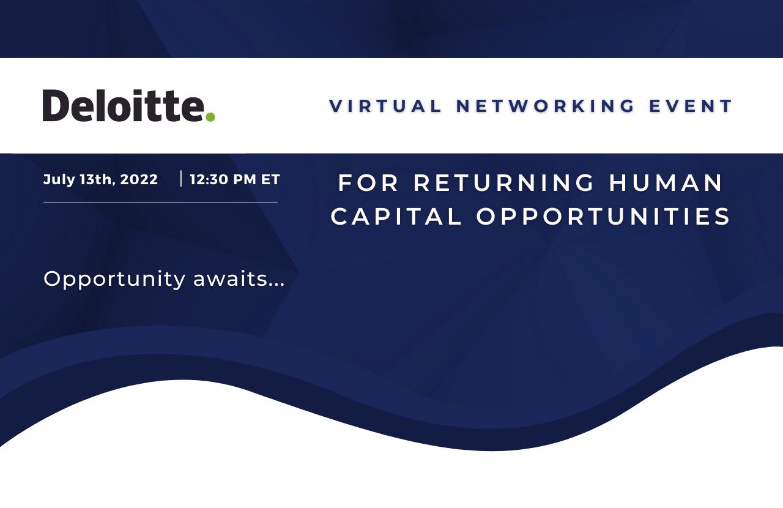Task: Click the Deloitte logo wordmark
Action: click(x=128, y=105)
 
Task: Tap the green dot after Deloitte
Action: click(x=210, y=116)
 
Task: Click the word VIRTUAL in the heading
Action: click(x=385, y=106)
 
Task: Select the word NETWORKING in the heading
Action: click(x=546, y=106)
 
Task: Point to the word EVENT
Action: click(x=691, y=106)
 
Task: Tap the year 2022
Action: click(x=139, y=179)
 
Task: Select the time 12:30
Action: click(x=209, y=179)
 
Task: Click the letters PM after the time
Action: click(x=245, y=179)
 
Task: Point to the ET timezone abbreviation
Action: click(x=270, y=179)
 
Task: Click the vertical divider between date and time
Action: click(x=180, y=179)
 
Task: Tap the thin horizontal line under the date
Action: click(x=160, y=202)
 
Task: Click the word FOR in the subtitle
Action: click(x=368, y=182)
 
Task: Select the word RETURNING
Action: click(x=504, y=182)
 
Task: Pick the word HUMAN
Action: click(x=666, y=182)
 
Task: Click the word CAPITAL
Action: click(x=396, y=216)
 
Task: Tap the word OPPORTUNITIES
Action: click(x=603, y=216)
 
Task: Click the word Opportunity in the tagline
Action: click(x=114, y=279)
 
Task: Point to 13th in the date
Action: click(x=97, y=179)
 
